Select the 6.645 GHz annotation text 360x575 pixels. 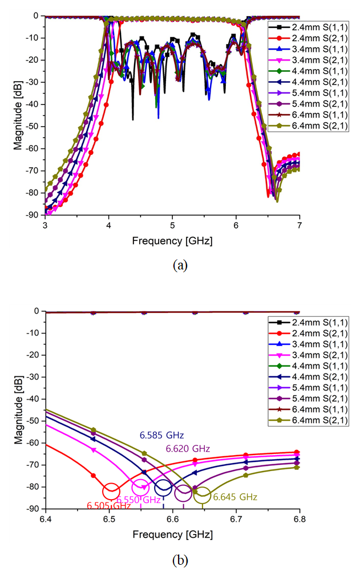click(x=234, y=497)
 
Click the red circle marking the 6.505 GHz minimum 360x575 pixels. click(x=111, y=491)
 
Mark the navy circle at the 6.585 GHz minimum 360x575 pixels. click(x=163, y=488)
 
